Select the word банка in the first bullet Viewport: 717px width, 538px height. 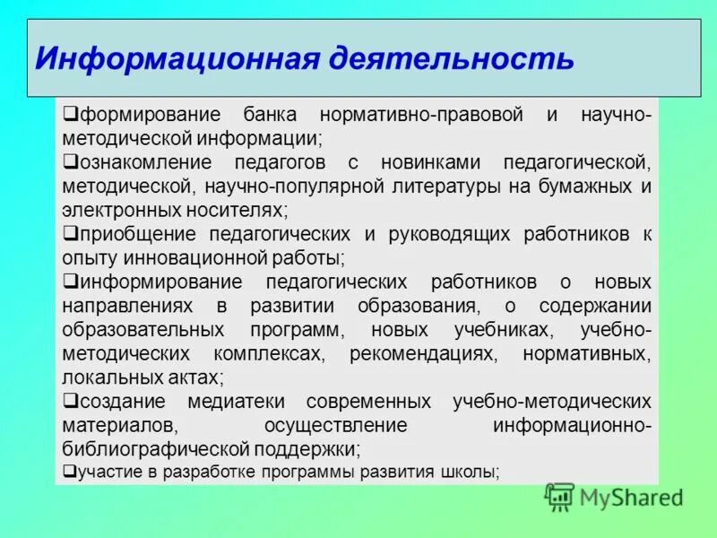(x=268, y=116)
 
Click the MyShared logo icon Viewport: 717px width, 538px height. (x=559, y=496)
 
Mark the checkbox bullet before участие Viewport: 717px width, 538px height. (x=69, y=471)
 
